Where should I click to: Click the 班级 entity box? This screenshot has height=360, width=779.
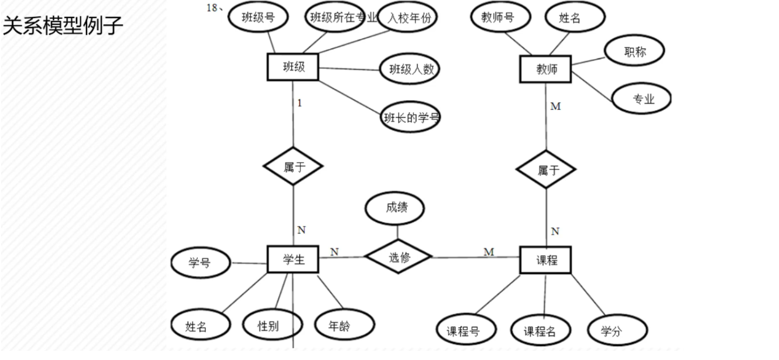[x=293, y=68]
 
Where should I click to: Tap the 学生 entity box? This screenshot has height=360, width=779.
[x=293, y=259]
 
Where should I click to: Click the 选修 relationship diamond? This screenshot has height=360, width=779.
[x=398, y=257]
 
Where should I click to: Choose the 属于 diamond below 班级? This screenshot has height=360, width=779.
[x=293, y=167]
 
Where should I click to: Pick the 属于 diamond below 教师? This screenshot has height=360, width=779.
[x=546, y=171]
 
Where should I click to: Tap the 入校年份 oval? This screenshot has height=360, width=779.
[x=409, y=18]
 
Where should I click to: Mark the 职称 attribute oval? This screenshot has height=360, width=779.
[x=635, y=52]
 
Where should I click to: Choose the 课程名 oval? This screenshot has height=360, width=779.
[x=540, y=331]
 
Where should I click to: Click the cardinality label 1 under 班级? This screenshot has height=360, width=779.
[x=299, y=103]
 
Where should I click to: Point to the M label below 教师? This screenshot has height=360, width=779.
[x=556, y=107]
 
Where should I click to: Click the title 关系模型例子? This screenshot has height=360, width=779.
[x=64, y=25]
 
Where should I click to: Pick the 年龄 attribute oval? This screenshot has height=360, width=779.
[x=344, y=326]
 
